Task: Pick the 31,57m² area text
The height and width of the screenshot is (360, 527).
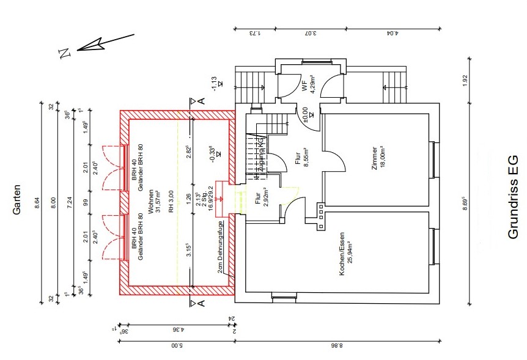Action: click(157, 200)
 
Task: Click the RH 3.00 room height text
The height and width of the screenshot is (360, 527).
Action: click(166, 200)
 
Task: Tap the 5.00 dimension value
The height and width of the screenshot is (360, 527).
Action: click(175, 346)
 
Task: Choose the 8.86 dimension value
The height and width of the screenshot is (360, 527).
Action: click(338, 346)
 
